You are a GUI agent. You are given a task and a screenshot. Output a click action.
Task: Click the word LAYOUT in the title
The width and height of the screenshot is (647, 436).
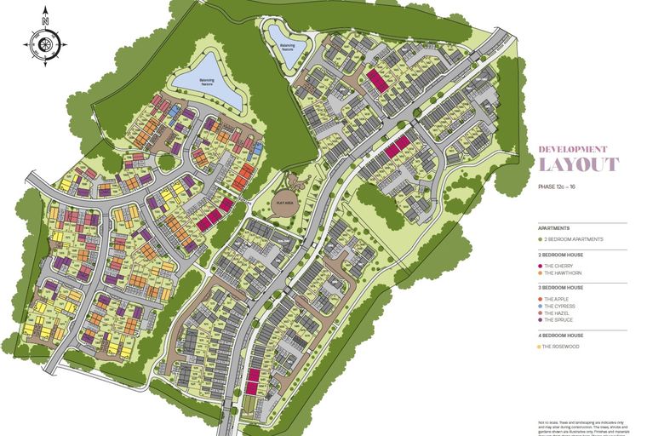coord(579,164)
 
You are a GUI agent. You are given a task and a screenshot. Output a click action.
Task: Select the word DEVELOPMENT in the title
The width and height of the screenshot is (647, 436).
coord(573,148)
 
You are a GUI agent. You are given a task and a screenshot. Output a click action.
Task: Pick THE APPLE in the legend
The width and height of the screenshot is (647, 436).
coord(558,299)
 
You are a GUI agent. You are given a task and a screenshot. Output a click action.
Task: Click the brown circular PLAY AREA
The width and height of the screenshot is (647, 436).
coord(283,203)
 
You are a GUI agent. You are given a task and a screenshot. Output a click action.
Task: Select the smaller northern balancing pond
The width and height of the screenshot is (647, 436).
coord(280,36)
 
